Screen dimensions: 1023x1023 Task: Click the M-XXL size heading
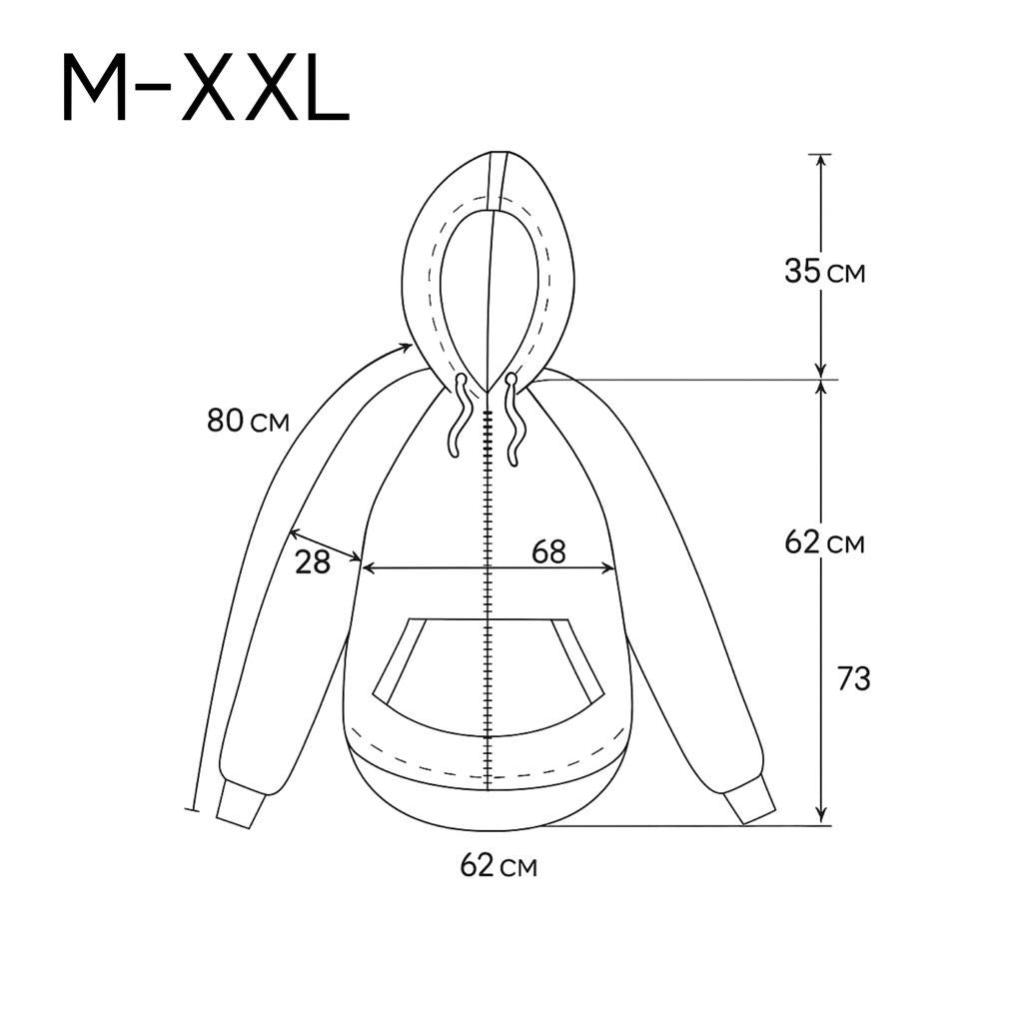206,89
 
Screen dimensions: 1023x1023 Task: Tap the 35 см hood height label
824,271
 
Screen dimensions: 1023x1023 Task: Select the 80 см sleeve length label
248,421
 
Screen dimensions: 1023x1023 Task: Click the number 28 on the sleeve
313,561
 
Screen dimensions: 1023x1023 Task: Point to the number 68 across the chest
548,551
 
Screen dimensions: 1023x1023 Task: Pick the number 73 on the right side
854,678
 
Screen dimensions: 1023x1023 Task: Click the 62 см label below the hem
499,866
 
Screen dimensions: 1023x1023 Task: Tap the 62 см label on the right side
824,541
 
